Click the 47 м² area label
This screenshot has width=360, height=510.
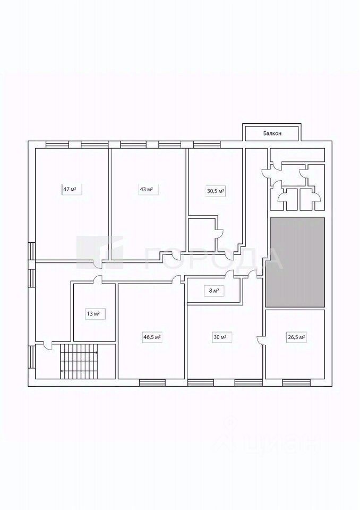70,189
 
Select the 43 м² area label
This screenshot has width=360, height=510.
146,189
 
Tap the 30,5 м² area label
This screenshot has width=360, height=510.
216,191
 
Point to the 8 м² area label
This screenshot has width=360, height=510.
215,291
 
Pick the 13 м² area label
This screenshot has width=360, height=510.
93,314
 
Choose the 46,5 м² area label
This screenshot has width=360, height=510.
152,337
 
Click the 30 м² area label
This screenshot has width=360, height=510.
219,337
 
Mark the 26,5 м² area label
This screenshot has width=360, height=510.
296,337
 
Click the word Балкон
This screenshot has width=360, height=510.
272,133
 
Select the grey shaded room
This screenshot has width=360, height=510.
295,262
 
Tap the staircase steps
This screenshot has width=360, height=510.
79,361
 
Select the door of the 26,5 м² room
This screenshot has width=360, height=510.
262,340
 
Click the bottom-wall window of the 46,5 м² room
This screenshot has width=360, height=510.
152,382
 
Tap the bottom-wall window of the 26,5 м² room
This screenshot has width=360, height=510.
296,382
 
